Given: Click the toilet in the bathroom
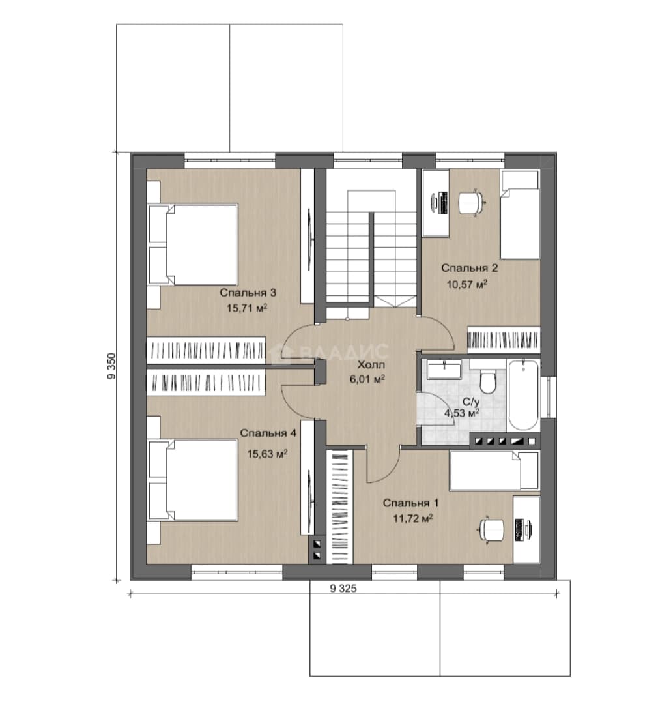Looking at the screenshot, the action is coord(487,381).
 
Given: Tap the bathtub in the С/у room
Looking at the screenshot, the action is coord(523,394).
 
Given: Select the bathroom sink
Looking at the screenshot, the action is coord(444,370).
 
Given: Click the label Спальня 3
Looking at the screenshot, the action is coord(248,293).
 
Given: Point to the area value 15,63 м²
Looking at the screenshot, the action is coord(268,454).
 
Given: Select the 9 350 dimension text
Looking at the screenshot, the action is coord(111,366).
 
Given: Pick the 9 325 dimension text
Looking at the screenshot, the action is coord(343,589).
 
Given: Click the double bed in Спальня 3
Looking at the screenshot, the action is coord(193,244).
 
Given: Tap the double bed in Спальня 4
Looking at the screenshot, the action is coord(193,480).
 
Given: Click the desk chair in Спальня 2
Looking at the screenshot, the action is coord(471,203).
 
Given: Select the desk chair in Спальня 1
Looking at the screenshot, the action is coord(492,530).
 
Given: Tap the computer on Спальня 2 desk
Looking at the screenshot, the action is coord(438,203).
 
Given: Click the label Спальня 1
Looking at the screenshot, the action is coord(410,503).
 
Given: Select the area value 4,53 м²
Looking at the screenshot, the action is coord(462,413).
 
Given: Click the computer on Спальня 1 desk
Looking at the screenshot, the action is coord(523,530).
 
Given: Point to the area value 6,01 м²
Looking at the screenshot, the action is coord(367,379).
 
